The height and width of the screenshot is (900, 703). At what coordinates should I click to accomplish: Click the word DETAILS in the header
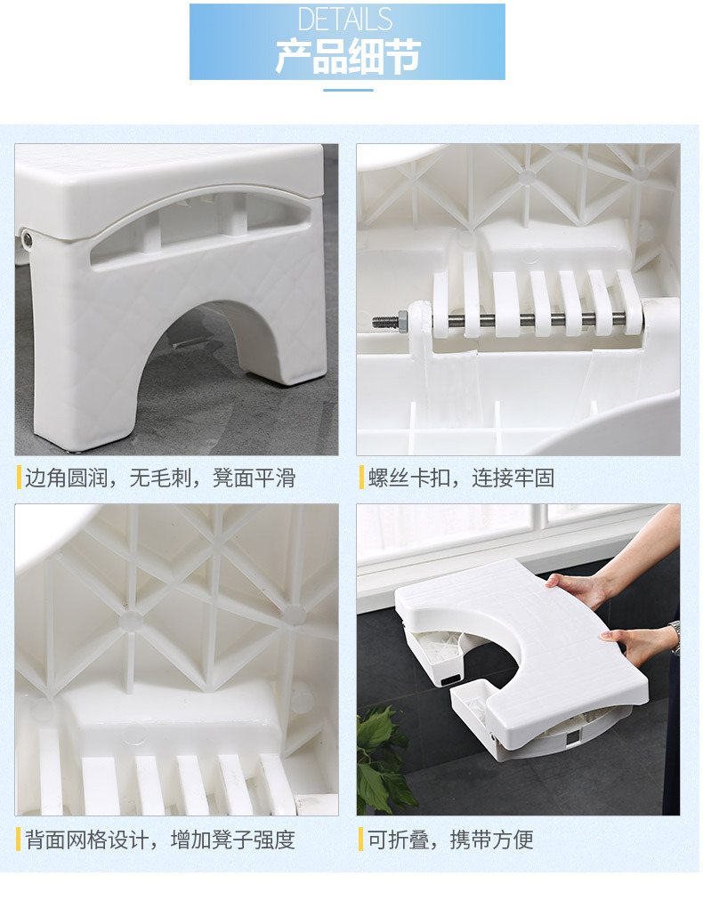click(x=346, y=20)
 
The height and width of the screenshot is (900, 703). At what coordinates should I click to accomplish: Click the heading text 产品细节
click(x=347, y=56)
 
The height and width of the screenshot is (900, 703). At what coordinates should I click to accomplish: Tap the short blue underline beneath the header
click(x=347, y=89)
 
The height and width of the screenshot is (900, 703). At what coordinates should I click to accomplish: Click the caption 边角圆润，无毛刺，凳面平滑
click(x=159, y=478)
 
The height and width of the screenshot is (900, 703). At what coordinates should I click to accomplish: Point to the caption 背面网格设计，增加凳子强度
click(x=159, y=840)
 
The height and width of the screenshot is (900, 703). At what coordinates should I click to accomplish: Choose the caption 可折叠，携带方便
click(x=450, y=840)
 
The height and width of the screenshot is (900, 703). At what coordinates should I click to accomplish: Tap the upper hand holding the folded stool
click(x=579, y=588)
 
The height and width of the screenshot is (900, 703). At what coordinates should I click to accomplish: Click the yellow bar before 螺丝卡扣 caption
click(x=361, y=478)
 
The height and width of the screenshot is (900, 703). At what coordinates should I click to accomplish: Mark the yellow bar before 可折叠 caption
click(x=361, y=840)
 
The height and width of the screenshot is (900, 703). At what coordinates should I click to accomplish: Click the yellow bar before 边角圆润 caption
click(x=19, y=478)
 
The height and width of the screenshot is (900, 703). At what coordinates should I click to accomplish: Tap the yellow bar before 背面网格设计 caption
click(x=19, y=840)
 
